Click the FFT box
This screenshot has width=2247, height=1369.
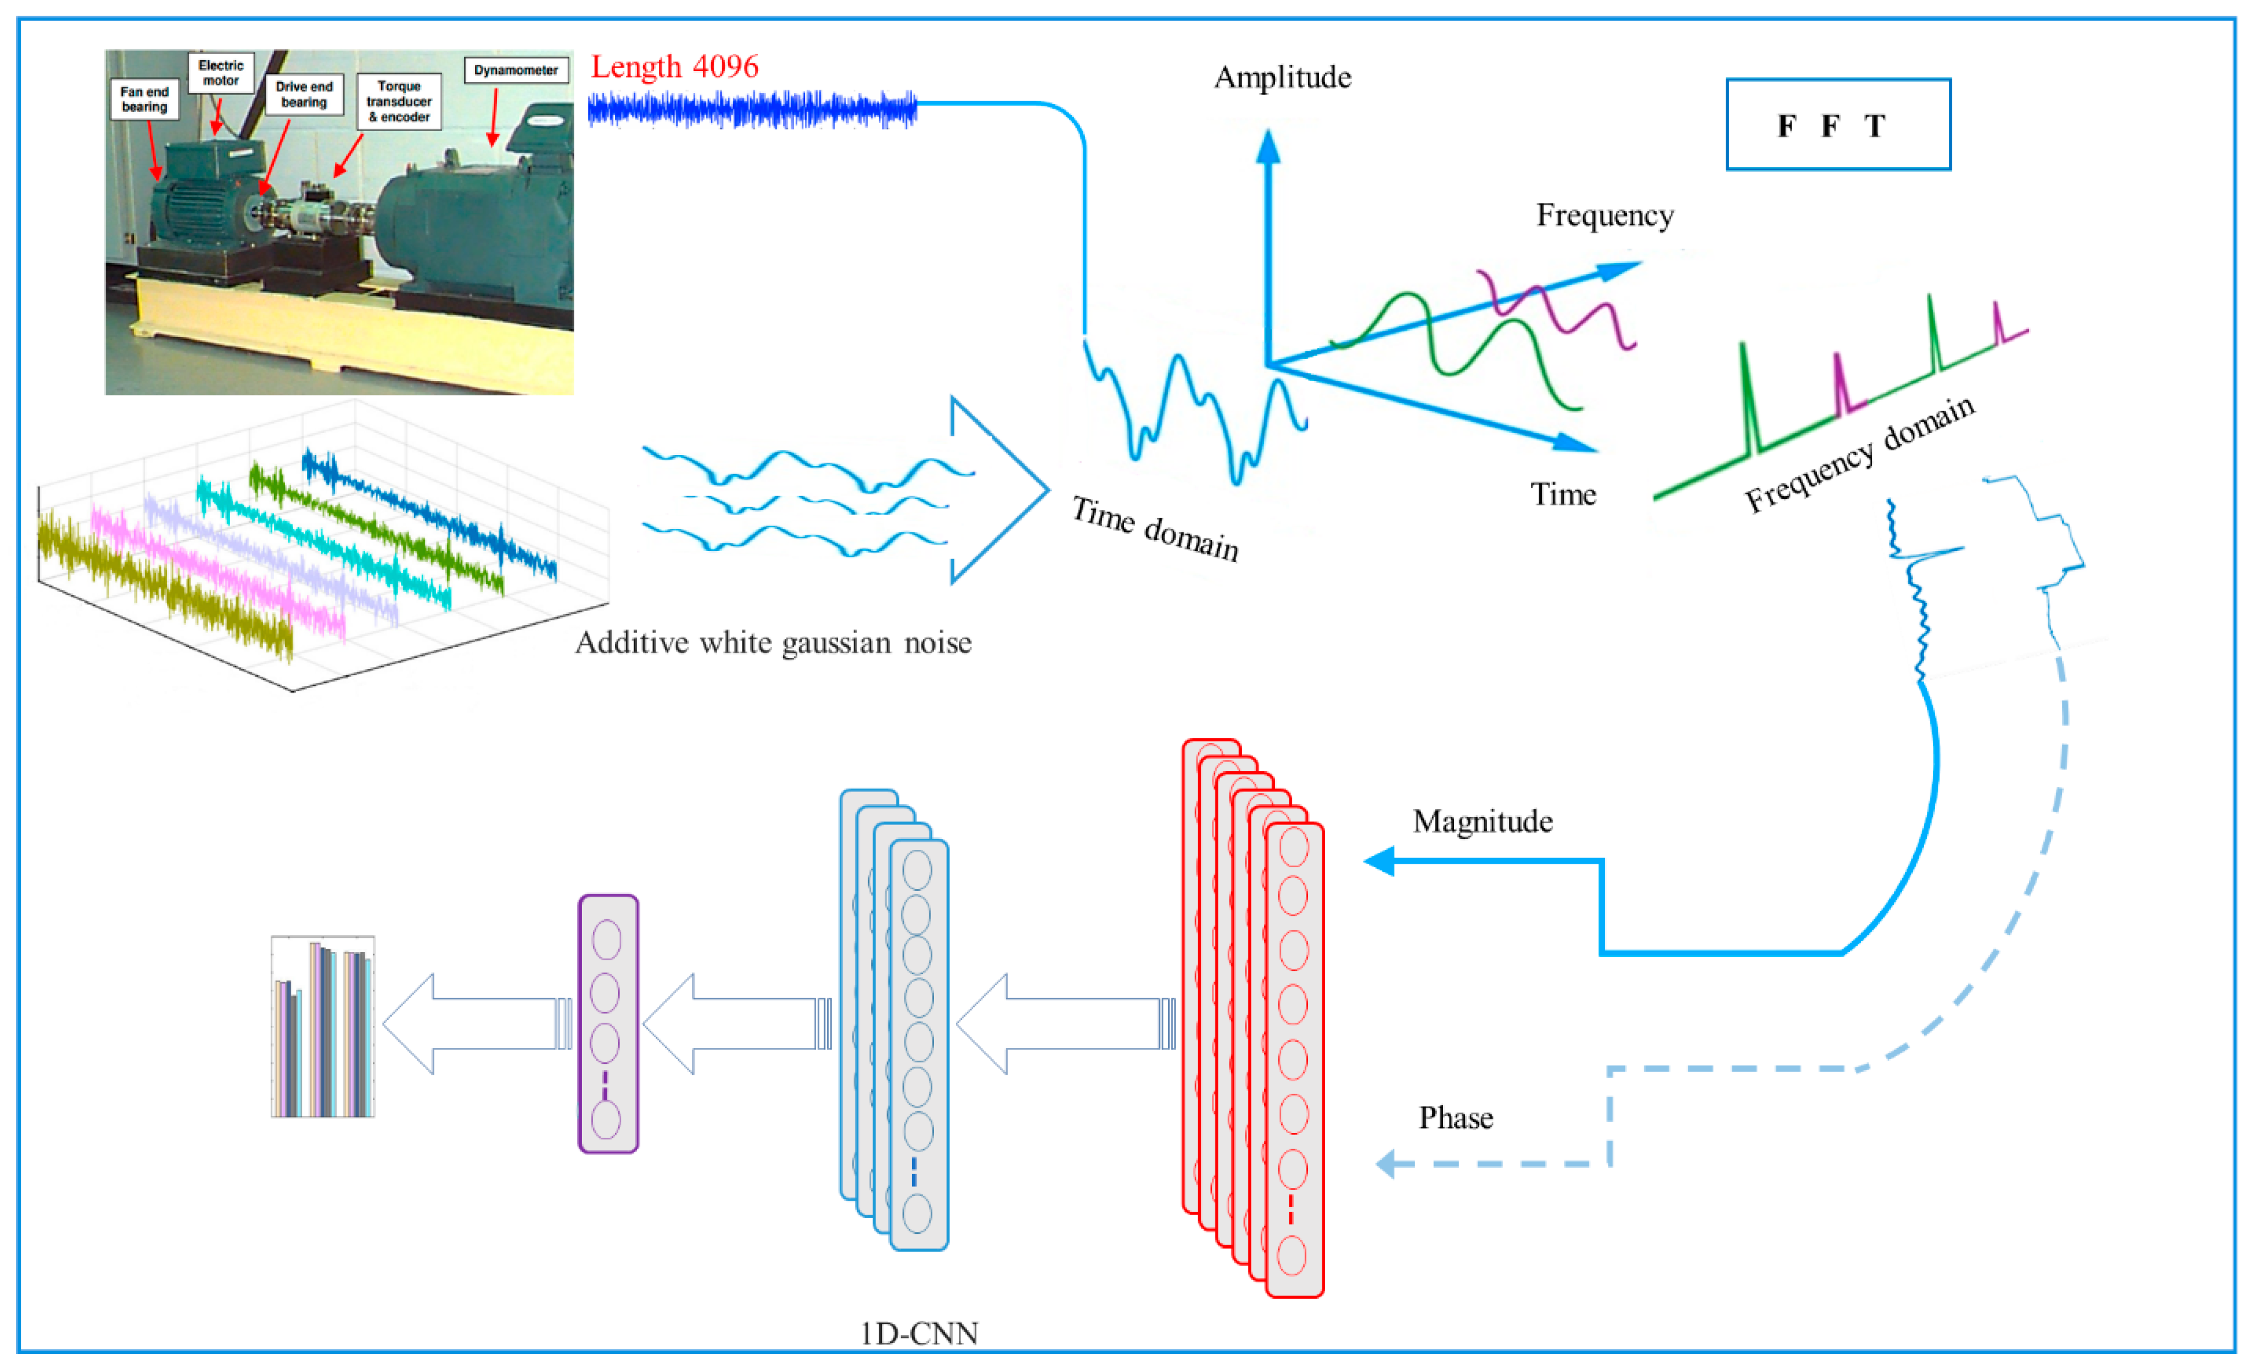tap(1838, 124)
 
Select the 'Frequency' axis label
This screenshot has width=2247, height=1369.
tap(1604, 215)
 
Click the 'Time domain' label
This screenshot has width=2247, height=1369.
tap(1155, 529)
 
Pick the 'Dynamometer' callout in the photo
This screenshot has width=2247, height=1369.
tap(516, 70)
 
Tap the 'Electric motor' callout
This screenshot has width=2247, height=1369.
tap(221, 73)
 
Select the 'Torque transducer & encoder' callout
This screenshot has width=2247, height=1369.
tap(399, 101)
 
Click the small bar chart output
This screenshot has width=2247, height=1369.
tap(323, 1026)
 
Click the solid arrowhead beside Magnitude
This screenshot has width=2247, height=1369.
tap(1379, 861)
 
